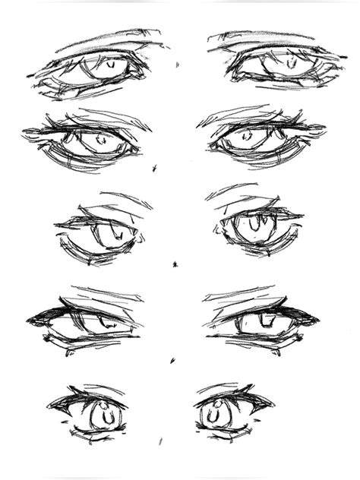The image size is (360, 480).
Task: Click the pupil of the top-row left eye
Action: tap(111, 65)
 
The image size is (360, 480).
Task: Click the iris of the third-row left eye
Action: tap(108, 229)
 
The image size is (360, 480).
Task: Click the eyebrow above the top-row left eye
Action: tap(106, 39)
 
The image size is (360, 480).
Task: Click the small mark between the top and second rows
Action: tap(178, 64)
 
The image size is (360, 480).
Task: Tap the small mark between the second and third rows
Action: tap(154, 166)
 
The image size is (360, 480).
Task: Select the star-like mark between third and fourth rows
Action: tap(175, 264)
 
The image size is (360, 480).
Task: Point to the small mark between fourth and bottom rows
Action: tap(172, 358)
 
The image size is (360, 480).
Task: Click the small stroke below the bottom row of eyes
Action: tap(160, 440)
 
